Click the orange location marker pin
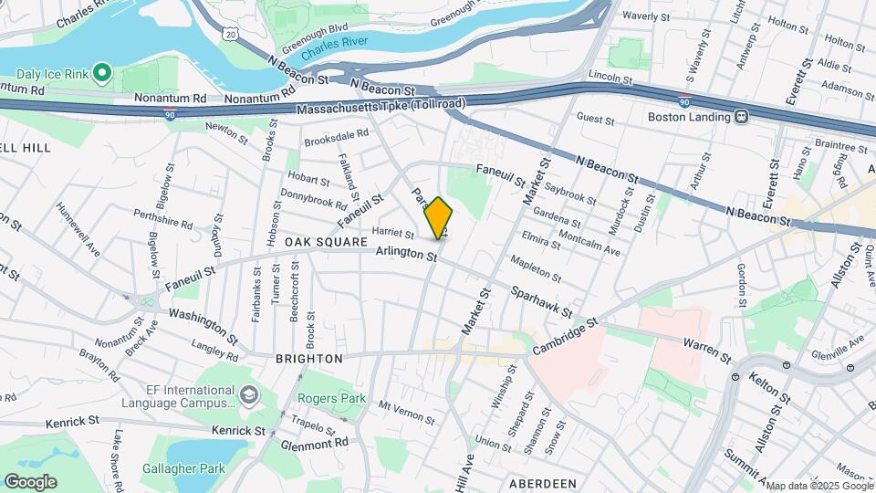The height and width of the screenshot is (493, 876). tap(439, 218)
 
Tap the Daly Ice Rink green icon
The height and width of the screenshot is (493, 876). tap(102, 71)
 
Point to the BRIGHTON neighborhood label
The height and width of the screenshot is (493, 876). tap(308, 359)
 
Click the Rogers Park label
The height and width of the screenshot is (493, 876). tap(330, 398)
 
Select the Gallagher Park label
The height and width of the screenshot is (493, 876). tap(183, 468)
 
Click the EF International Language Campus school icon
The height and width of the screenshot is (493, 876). tap(249, 395)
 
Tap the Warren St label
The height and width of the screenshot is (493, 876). tap(708, 350)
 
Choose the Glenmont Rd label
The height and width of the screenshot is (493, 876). tap(316, 442)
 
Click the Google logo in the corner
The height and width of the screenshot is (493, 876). tap(30, 481)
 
